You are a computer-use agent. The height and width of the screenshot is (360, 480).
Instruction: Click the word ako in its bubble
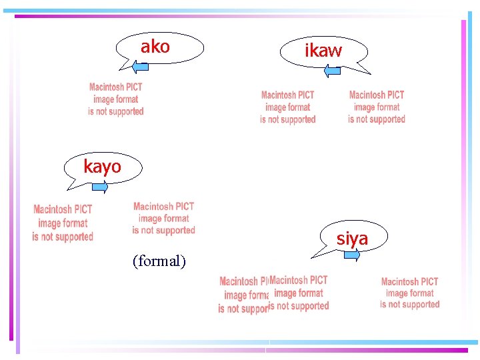coord(155,47)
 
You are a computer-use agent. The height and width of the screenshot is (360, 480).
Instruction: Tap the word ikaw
coord(323,51)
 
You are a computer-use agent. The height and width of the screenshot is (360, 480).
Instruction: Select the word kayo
coord(102,167)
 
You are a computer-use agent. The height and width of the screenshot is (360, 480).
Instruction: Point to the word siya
coord(352,238)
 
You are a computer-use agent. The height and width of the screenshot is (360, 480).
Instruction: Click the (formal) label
coord(159,261)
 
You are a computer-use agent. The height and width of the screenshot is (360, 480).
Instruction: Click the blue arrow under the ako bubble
coord(143,66)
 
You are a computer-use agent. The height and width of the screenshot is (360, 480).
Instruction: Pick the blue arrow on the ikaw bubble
coord(333,69)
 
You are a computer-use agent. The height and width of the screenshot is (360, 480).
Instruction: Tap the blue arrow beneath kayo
coord(100,187)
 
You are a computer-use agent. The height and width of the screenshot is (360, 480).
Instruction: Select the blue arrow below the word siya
coord(352,254)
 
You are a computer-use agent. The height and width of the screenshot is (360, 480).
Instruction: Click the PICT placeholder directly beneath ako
coord(116,99)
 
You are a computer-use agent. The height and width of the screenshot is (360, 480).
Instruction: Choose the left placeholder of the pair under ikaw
coord(288,107)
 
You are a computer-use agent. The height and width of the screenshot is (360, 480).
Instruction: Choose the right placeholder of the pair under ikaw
coord(377,107)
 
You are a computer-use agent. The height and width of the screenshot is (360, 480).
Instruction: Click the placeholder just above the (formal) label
coord(163,219)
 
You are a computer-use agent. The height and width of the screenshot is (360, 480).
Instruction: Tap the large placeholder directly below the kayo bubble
coord(63,223)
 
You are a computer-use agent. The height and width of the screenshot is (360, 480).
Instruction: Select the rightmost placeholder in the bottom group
coord(410,293)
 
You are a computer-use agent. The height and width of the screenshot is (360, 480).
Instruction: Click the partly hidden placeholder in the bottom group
coord(243,295)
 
